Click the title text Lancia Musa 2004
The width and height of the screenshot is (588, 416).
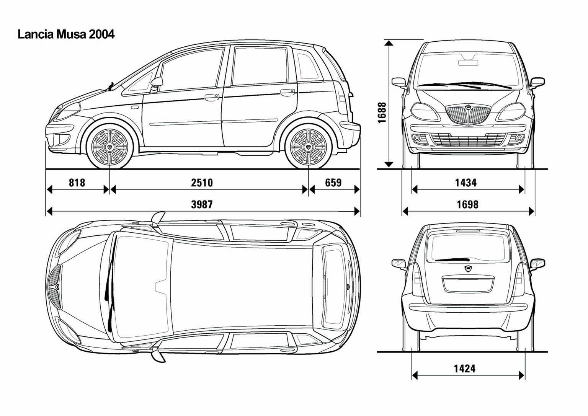66,34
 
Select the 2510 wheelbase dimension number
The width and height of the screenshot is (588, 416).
202,183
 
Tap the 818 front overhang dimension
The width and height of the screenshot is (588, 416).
77,183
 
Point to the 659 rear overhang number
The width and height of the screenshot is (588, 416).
333,183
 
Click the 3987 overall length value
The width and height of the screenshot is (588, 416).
202,204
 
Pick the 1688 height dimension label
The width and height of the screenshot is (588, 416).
382,113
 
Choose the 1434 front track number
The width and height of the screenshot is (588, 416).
465,183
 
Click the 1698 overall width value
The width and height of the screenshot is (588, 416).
468,204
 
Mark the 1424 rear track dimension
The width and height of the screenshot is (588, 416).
465,369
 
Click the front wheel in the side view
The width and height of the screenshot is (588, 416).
109,147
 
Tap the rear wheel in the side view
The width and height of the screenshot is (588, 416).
309,147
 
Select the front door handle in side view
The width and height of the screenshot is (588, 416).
212,98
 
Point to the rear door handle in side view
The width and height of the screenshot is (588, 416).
288,92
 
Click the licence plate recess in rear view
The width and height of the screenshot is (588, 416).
468,284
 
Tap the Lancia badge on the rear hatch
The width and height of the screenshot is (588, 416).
468,268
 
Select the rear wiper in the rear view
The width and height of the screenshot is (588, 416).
452,259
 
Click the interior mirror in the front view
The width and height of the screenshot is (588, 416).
468,63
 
